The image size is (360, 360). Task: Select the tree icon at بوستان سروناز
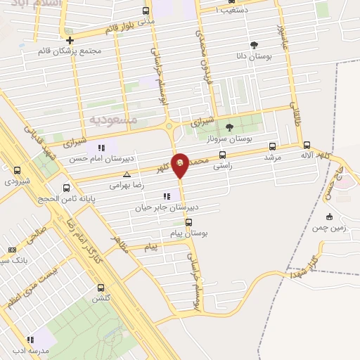pyautogui.click(x=229, y=127)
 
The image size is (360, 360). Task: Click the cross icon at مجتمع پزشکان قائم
pyautogui.click(x=70, y=40)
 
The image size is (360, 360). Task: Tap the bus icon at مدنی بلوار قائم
pyautogui.click(x=146, y=11)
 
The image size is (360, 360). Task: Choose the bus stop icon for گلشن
pyautogui.click(x=101, y=288)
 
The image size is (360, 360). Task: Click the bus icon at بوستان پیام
pyautogui.click(x=188, y=222)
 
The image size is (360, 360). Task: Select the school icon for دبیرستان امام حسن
pyautogui.click(x=101, y=148)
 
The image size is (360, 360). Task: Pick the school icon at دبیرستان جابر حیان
pyautogui.click(x=167, y=196)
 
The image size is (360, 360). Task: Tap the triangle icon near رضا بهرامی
pyautogui.click(x=127, y=174)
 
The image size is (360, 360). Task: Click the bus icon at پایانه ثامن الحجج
pyautogui.click(x=66, y=188)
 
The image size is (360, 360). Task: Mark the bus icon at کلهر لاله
pyautogui.click(x=307, y=144)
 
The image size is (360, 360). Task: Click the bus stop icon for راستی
pyautogui.click(x=223, y=155)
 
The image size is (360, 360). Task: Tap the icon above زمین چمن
pyautogui.click(x=329, y=217)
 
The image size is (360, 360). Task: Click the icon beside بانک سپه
pyautogui.click(x=12, y=250)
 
